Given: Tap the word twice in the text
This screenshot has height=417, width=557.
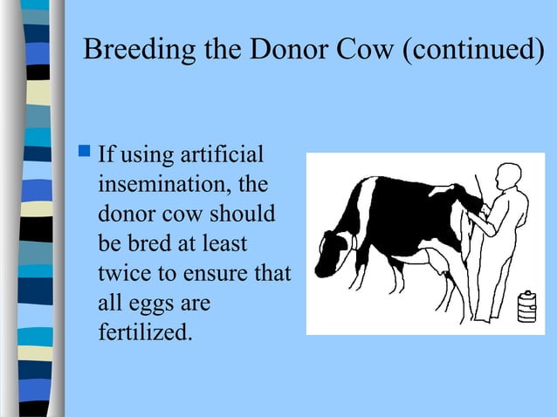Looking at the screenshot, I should [x=121, y=273].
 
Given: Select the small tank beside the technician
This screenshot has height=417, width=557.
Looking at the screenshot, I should [x=526, y=306].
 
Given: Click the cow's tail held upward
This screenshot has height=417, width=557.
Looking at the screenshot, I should [x=478, y=194].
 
